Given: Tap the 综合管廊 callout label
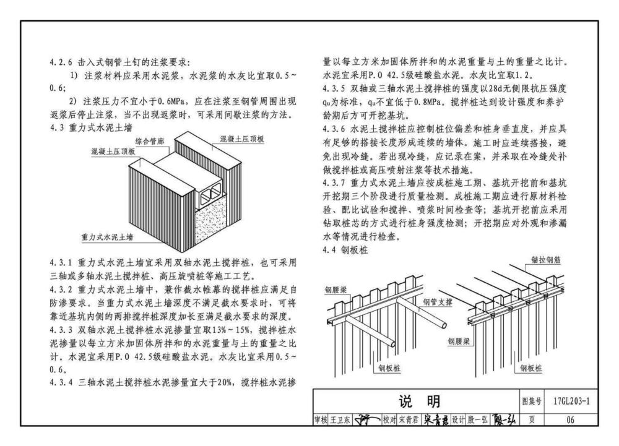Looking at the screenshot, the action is pyautogui.click(x=150, y=141).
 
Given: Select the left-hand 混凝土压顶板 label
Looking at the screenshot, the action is pyautogui.click(x=113, y=152).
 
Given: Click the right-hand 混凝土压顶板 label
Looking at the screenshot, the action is pyautogui.click(x=242, y=139).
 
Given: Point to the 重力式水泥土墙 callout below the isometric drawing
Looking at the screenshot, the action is pyautogui.click(x=107, y=237).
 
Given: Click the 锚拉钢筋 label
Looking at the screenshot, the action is pyautogui.click(x=545, y=260).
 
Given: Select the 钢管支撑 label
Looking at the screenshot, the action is pyautogui.click(x=438, y=302).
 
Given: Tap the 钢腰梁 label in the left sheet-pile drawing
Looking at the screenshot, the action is pyautogui.click(x=335, y=290).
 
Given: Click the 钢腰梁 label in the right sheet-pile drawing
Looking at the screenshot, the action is pyautogui.click(x=459, y=341).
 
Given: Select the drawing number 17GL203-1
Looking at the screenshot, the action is pyautogui.click(x=571, y=401).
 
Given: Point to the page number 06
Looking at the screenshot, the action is pyautogui.click(x=571, y=420).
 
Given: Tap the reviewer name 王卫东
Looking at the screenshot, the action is pyautogui.click(x=340, y=420).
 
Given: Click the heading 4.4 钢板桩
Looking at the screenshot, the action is pyautogui.click(x=345, y=250).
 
